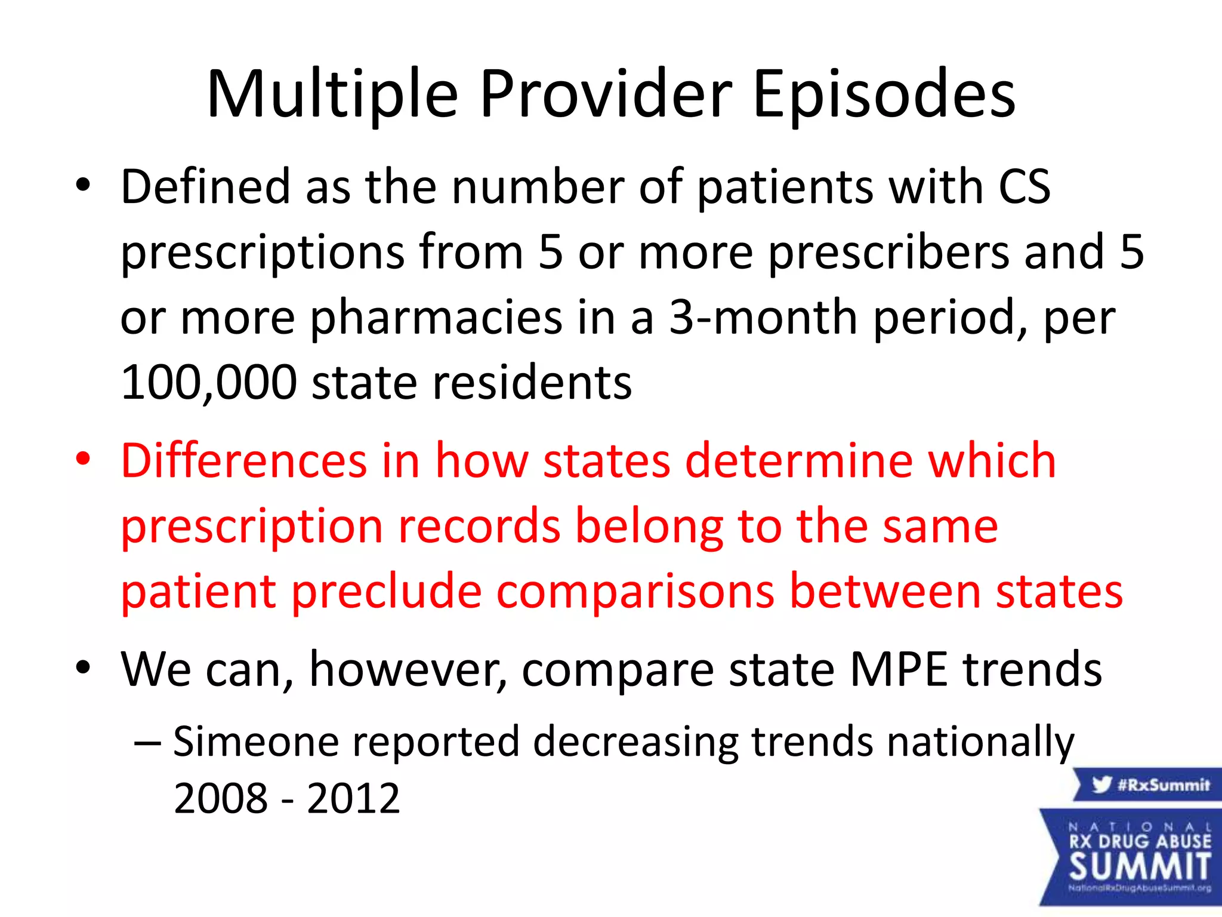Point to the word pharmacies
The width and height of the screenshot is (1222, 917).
point(436,318)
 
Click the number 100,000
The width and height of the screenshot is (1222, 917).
point(209,382)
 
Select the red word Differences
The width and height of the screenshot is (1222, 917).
point(244,461)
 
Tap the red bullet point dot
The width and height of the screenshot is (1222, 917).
point(83,460)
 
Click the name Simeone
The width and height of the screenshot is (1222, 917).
point(257,741)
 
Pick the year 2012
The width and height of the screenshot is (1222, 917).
point(353,798)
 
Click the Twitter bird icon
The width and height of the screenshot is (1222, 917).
point(1101,784)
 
